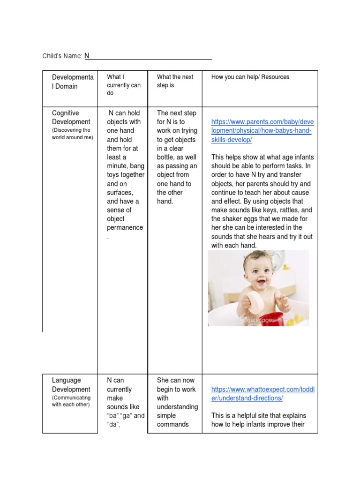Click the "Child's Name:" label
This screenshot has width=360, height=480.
(x=62, y=56)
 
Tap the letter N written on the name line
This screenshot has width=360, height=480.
(x=87, y=56)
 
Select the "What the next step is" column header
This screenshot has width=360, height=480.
(x=175, y=81)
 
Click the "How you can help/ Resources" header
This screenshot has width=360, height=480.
(x=250, y=77)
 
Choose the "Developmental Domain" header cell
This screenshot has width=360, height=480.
(x=72, y=82)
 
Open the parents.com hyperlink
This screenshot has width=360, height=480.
(x=262, y=131)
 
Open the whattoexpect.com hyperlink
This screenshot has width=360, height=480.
(x=262, y=394)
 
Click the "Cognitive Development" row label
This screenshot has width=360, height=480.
(x=71, y=117)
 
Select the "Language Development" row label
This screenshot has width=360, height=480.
(x=71, y=384)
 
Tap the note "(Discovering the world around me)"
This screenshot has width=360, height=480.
(x=72, y=134)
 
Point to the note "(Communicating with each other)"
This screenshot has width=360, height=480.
(x=71, y=401)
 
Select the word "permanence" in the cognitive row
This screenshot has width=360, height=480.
(x=125, y=227)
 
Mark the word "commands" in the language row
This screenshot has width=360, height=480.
(x=172, y=424)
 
